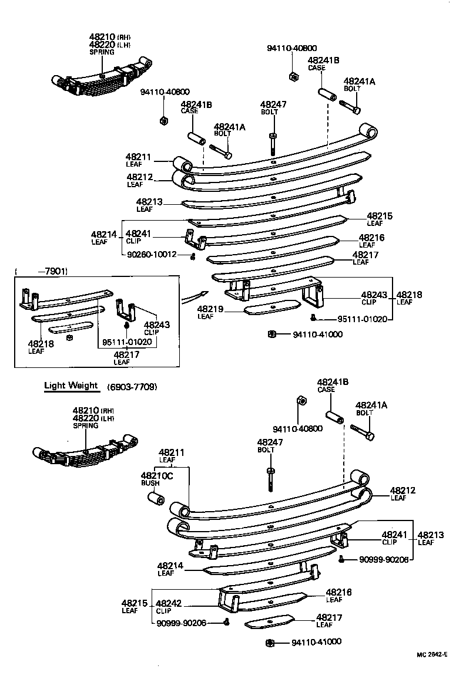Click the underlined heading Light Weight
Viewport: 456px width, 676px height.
click(71, 386)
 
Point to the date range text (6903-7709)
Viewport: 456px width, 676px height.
click(132, 387)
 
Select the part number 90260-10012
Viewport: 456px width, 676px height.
click(152, 255)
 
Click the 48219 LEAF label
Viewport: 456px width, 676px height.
click(207, 312)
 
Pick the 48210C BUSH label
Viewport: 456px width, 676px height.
click(156, 479)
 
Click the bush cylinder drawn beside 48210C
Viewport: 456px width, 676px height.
click(156, 499)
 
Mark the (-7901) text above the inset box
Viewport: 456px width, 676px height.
click(42, 271)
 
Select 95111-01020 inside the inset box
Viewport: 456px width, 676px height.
click(127, 342)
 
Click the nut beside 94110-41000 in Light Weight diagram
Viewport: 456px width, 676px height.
click(270, 643)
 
